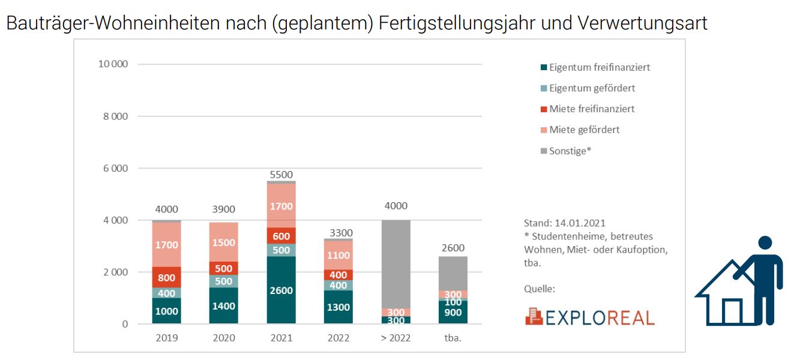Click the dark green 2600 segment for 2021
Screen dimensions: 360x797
[281, 290]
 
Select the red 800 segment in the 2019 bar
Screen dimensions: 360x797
[166, 277]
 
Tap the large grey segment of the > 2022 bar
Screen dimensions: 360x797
[395, 264]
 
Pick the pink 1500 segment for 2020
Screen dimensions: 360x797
[224, 242]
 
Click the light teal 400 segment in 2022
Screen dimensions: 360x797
[338, 286]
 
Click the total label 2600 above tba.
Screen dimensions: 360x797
[453, 248]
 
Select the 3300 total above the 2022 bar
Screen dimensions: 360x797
[338, 233]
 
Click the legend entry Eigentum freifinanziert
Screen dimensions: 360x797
[599, 67]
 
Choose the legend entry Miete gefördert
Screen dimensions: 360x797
[584, 130]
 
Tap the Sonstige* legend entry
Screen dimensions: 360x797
[570, 151]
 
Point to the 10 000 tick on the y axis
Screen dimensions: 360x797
[113, 64]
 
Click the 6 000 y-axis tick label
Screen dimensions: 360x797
[116, 169]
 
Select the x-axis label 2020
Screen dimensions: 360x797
[224, 338]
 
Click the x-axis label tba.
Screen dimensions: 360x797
[453, 338]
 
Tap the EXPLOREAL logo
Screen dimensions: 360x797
[589, 317]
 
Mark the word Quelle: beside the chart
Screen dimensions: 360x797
[540, 289]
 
